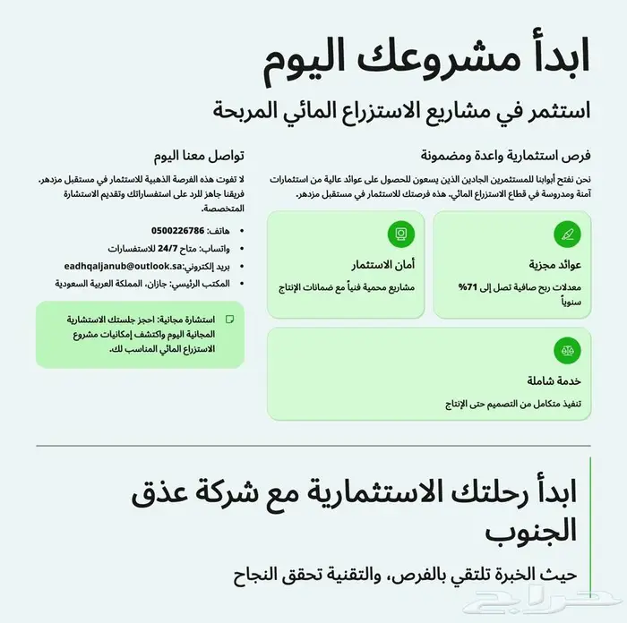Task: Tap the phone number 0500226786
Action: (x=178, y=230)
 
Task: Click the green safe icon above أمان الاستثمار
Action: (x=400, y=235)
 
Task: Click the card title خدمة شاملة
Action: (x=557, y=380)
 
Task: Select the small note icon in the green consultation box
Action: (x=229, y=318)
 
